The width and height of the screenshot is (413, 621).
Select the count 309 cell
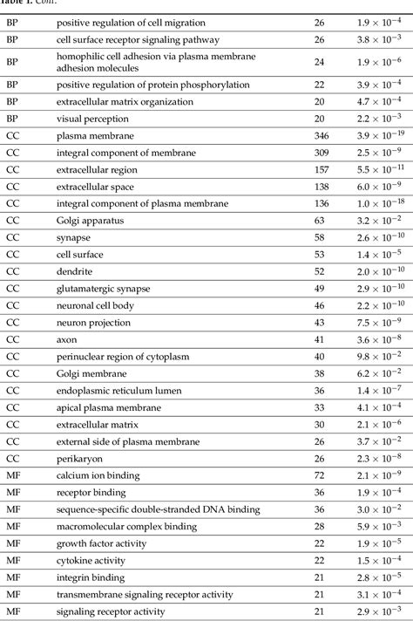point(319,153)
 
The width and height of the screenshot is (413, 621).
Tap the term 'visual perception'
point(92,119)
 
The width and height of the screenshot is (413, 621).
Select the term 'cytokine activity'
point(90,559)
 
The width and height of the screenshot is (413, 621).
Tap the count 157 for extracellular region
point(319,170)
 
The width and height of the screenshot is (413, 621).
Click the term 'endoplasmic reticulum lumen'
point(117,389)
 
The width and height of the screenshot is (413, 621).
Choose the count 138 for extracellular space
point(319,187)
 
